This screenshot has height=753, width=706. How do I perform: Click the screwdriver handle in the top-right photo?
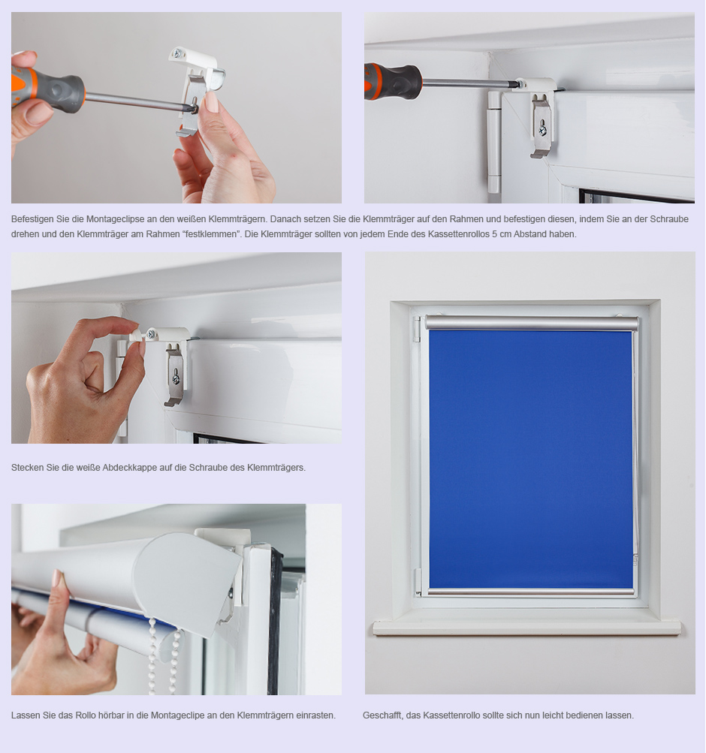392,82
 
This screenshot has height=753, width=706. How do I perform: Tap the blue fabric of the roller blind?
531,459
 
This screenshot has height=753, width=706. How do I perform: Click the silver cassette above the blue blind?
532,323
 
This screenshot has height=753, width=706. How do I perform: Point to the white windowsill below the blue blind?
526,627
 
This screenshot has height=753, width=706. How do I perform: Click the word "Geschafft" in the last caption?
382,715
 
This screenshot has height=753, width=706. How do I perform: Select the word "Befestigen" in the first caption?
32,219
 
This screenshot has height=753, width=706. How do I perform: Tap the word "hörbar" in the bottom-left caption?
111,715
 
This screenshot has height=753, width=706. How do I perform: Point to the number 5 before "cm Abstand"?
495,234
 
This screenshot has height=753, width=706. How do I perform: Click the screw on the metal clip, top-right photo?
542,129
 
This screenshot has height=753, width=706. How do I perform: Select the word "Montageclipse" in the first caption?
115,219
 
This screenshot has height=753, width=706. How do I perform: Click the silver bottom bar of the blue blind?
531,592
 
